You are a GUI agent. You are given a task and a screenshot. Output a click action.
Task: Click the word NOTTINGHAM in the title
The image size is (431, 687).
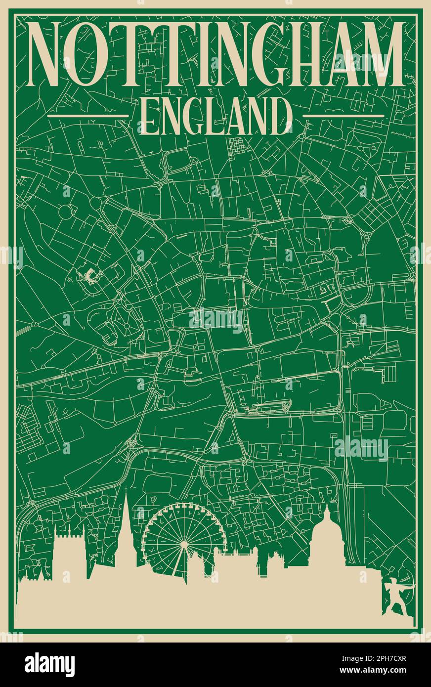coord(215,54)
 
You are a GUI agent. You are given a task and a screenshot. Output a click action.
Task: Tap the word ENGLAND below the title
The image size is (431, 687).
coord(215,117)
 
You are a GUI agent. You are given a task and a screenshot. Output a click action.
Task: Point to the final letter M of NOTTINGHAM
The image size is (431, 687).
coord(378,54)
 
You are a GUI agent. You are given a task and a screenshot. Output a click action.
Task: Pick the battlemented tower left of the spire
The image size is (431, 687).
coord(69,554)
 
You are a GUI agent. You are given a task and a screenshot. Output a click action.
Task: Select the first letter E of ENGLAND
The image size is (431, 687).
coord(149,117)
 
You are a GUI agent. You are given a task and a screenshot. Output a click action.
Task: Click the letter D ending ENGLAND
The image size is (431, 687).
coord(281,117)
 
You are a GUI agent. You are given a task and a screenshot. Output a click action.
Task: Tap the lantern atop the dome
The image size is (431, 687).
coord(326,509)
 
